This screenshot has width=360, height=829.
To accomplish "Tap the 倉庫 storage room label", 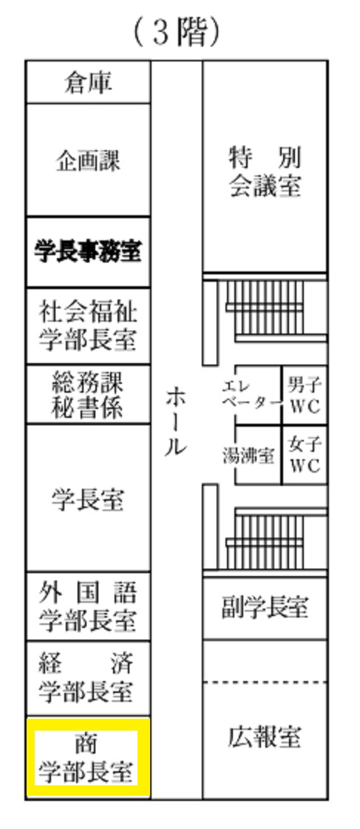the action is tap(88, 83).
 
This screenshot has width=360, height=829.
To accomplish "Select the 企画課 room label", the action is tap(88, 160).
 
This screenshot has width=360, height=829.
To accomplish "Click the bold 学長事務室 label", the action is tap(88, 251).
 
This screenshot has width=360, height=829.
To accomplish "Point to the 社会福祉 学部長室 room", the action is tap(88, 325).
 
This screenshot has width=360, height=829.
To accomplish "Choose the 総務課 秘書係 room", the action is tap(88, 394).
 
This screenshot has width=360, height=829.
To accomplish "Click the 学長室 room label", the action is tap(88, 498).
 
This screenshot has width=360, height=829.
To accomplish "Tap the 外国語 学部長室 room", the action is tap(88, 606).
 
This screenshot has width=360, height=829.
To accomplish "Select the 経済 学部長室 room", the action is tap(88, 678).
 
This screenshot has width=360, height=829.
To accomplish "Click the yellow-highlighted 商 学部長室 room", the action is tap(88, 757).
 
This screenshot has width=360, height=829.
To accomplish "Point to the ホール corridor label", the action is tap(176, 422).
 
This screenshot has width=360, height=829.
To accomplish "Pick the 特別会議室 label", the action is tap(265, 172).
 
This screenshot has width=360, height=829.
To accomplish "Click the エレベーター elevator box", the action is tap(258, 395).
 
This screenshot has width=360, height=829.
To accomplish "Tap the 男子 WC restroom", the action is tap(305, 395).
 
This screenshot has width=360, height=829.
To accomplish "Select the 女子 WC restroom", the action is tap(305, 455).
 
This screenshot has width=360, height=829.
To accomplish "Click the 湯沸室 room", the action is tap(258, 455).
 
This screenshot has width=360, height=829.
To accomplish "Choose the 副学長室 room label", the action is tap(265, 607).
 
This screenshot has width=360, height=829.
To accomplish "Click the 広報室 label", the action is tap(265, 737).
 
